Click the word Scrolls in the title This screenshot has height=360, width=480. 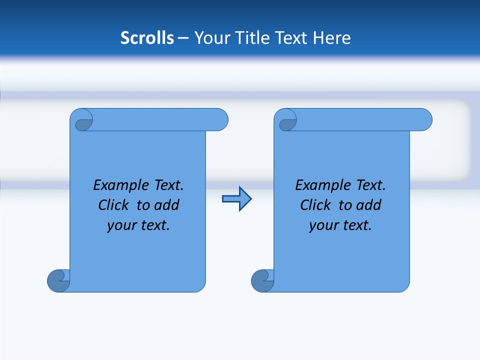(147, 38)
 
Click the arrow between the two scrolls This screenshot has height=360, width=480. (236, 199)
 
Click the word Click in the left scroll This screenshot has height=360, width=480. (114, 205)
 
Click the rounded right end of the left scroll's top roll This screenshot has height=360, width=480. (220, 119)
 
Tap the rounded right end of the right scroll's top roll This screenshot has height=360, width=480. (424, 119)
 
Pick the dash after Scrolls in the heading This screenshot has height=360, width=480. (183, 38)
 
